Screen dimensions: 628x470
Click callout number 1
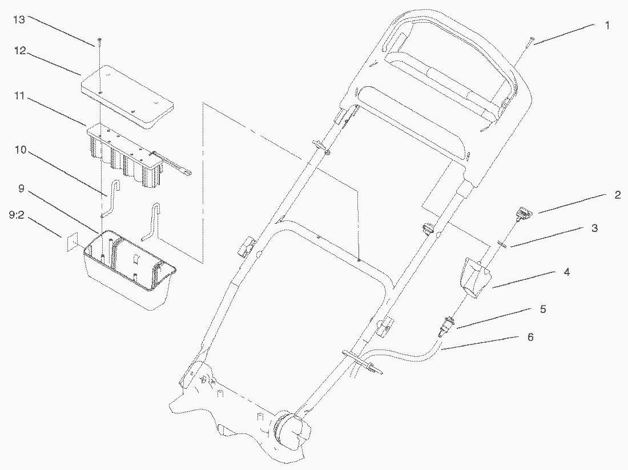607,25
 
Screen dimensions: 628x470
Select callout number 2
617,195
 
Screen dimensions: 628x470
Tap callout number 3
594,228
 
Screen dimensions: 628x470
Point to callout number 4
566,272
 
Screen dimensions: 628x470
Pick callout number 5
543,310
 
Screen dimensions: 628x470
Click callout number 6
530,338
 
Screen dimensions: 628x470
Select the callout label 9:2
17,215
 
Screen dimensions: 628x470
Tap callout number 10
21,150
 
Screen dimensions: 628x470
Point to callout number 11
19,96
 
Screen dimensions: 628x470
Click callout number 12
19,51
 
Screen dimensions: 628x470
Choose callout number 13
19,19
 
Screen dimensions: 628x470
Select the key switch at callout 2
524,212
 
